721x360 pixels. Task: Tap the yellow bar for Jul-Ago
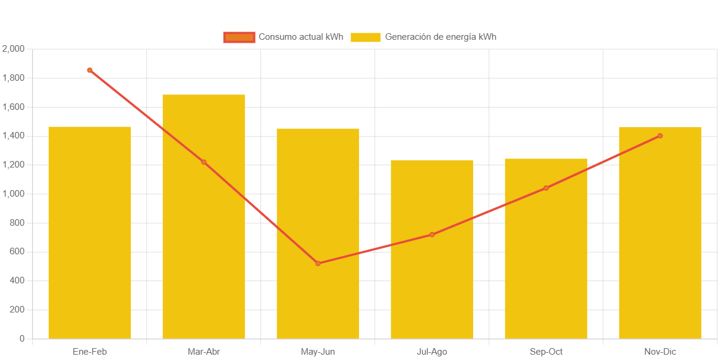tap(432, 285)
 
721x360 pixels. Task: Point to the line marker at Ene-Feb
tap(90, 70)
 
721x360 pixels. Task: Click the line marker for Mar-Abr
tap(204, 162)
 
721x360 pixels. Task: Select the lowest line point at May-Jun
tap(318, 263)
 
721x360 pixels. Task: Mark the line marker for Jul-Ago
tap(432, 235)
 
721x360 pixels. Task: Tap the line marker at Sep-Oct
tap(546, 188)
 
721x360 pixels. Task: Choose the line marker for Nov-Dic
tap(660, 136)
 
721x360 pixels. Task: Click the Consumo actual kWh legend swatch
tap(239, 37)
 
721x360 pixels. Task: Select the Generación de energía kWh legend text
tap(440, 37)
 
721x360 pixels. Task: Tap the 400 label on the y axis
tap(17, 280)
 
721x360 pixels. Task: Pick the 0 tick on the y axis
tap(22, 339)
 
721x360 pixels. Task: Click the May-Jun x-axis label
tap(318, 352)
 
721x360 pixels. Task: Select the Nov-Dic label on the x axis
tap(660, 352)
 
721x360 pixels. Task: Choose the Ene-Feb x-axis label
tap(90, 352)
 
